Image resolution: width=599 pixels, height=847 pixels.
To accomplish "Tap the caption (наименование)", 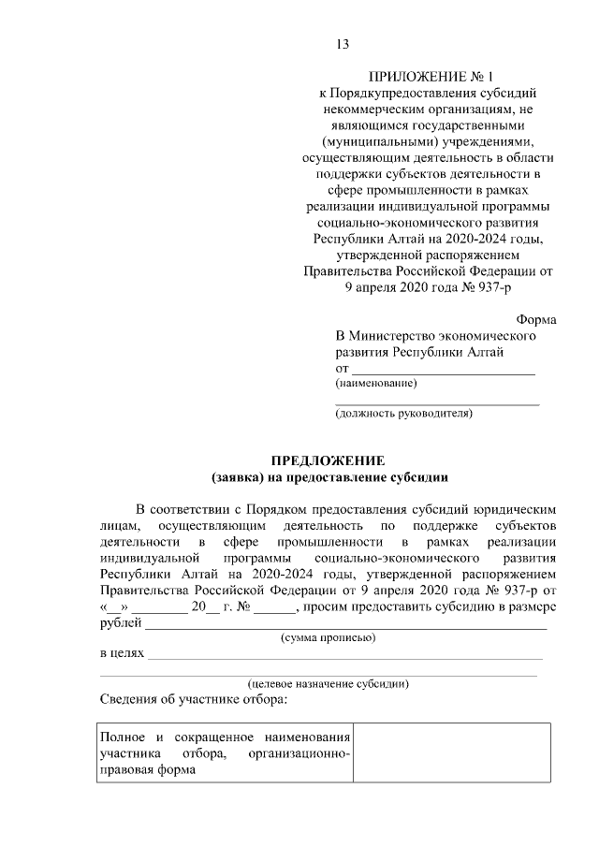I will pos(376,383).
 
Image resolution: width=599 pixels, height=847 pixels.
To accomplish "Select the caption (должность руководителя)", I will pos(404,412).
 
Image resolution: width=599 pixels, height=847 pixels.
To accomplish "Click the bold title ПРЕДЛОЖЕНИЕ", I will pos(329,460).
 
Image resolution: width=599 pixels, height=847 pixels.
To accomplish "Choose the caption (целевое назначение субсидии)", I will pos(329,683).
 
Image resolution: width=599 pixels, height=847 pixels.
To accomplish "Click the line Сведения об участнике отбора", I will pos(194,700).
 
